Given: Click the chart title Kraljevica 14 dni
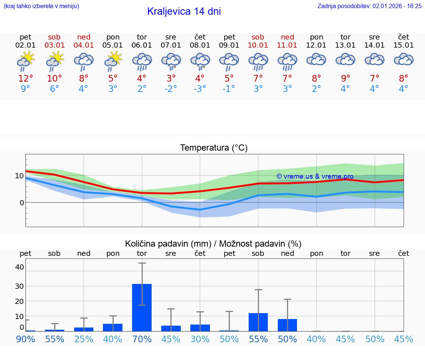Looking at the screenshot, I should pyautogui.click(x=184, y=11).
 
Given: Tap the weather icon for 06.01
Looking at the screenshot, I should pyautogui.click(x=142, y=62).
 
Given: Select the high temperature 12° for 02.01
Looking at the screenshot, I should pyautogui.click(x=25, y=78).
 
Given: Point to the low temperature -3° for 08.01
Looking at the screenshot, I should pyautogui.click(x=200, y=89).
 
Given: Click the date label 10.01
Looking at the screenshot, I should pyautogui.click(x=258, y=45).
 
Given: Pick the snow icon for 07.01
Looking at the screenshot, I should pyautogui.click(x=171, y=61).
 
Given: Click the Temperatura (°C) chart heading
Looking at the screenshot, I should pyautogui.click(x=214, y=148).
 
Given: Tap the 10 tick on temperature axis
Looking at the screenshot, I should pyautogui.click(x=19, y=176).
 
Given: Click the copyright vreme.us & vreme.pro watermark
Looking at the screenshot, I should pyautogui.click(x=315, y=176).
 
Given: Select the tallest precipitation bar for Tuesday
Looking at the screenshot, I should pyautogui.click(x=142, y=307).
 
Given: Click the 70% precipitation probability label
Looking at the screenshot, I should pyautogui.click(x=142, y=339).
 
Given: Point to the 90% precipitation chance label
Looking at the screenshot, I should pyautogui.click(x=25, y=339).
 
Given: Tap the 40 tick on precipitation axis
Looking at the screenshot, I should pyautogui.click(x=19, y=267).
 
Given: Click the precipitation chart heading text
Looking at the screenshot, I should pyautogui.click(x=213, y=244).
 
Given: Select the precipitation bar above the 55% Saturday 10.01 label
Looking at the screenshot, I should pyautogui.click(x=258, y=322).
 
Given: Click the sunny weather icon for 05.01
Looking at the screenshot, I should pyautogui.click(x=113, y=61).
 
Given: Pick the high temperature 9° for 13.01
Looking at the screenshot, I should pyautogui.click(x=345, y=78).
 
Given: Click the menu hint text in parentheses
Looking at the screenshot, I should pyautogui.click(x=41, y=6).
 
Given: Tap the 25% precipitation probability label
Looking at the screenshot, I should pyautogui.click(x=84, y=339).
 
